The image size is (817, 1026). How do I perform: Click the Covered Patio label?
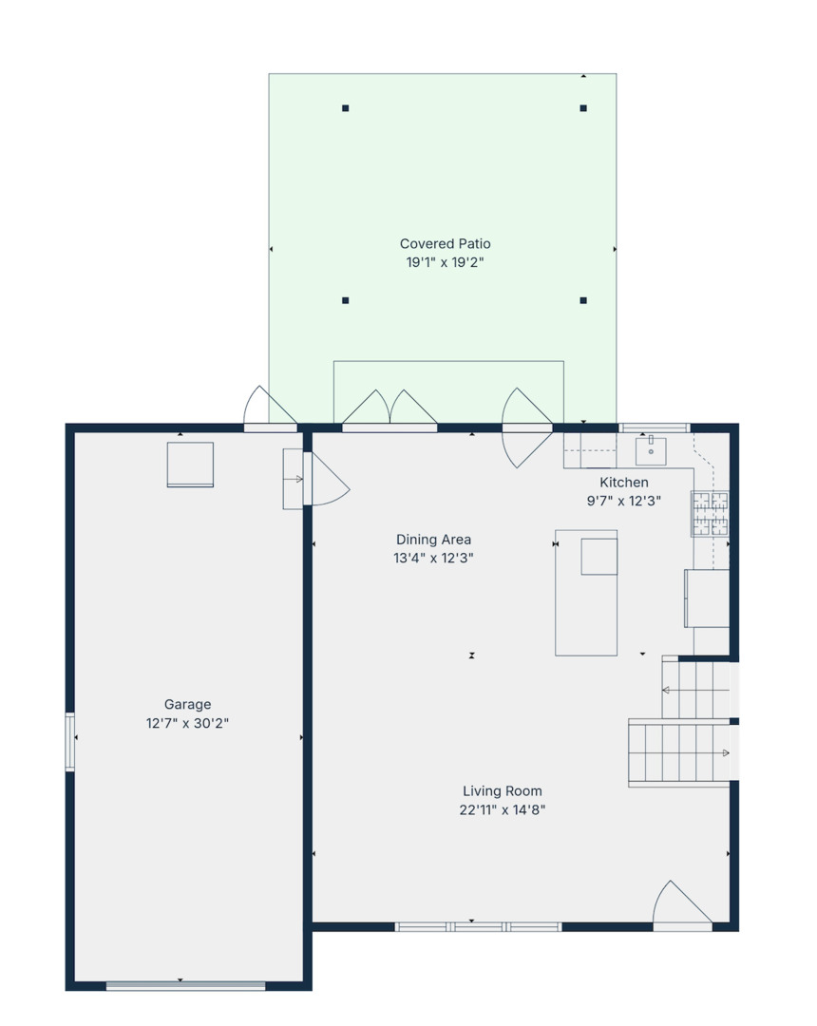tap(445, 244)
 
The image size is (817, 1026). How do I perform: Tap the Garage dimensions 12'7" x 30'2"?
tap(187, 723)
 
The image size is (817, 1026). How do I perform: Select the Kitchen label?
tap(623, 483)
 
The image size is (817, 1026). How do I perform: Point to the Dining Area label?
tap(433, 540)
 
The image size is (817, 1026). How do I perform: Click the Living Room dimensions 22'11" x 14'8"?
tap(502, 810)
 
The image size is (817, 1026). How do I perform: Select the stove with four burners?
tap(710, 513)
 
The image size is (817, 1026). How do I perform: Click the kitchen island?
tap(586, 593)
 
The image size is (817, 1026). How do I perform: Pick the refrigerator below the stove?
tap(707, 598)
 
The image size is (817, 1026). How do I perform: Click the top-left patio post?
tap(346, 108)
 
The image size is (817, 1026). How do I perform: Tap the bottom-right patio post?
tap(583, 300)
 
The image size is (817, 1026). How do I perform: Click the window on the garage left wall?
tap(69, 741)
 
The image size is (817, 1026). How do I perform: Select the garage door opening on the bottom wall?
tap(185, 986)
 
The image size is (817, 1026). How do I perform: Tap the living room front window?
tap(479, 926)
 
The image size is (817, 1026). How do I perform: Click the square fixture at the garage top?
tap(190, 465)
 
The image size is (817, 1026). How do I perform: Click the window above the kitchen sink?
tap(654, 427)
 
